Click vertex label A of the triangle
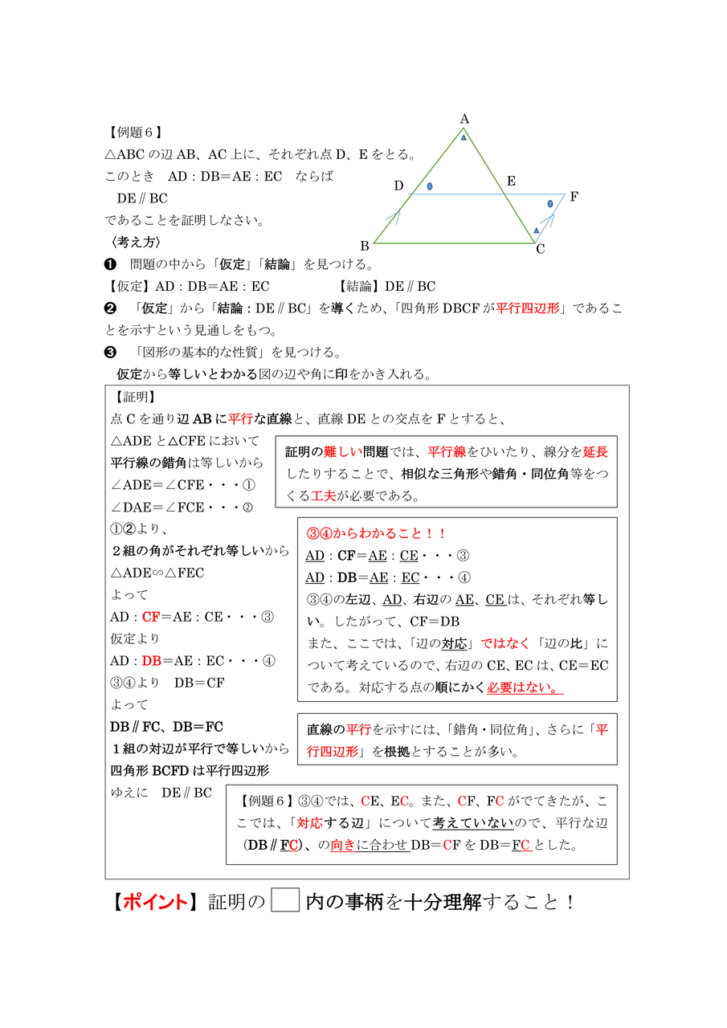click(x=464, y=119)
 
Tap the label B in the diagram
click(x=365, y=246)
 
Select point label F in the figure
click(x=574, y=196)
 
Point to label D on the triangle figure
click(x=398, y=186)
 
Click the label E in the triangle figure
click(x=510, y=182)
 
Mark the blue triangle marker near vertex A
click(x=464, y=138)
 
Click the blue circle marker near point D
click(x=430, y=186)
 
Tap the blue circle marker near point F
click(x=550, y=204)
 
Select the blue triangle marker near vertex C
click(x=536, y=230)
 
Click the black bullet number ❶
click(x=111, y=264)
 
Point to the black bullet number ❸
click(x=111, y=352)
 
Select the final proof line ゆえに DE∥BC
click(x=161, y=793)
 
